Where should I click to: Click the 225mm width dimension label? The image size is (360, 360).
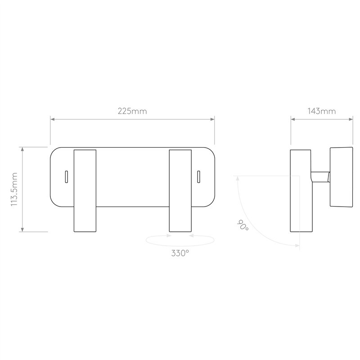click(132, 111)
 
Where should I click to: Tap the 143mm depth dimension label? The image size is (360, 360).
click(321, 111)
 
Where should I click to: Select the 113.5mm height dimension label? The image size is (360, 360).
click(14, 189)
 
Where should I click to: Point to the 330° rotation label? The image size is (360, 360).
click(180, 253)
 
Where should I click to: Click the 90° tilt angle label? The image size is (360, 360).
click(243, 225)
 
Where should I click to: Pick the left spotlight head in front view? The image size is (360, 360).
click(85, 191)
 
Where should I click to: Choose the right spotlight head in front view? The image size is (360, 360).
click(180, 191)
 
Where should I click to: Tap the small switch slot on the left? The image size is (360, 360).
click(66, 177)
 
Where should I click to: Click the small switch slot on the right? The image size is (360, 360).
click(198, 177)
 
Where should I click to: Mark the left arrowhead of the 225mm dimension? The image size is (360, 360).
click(52, 119)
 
